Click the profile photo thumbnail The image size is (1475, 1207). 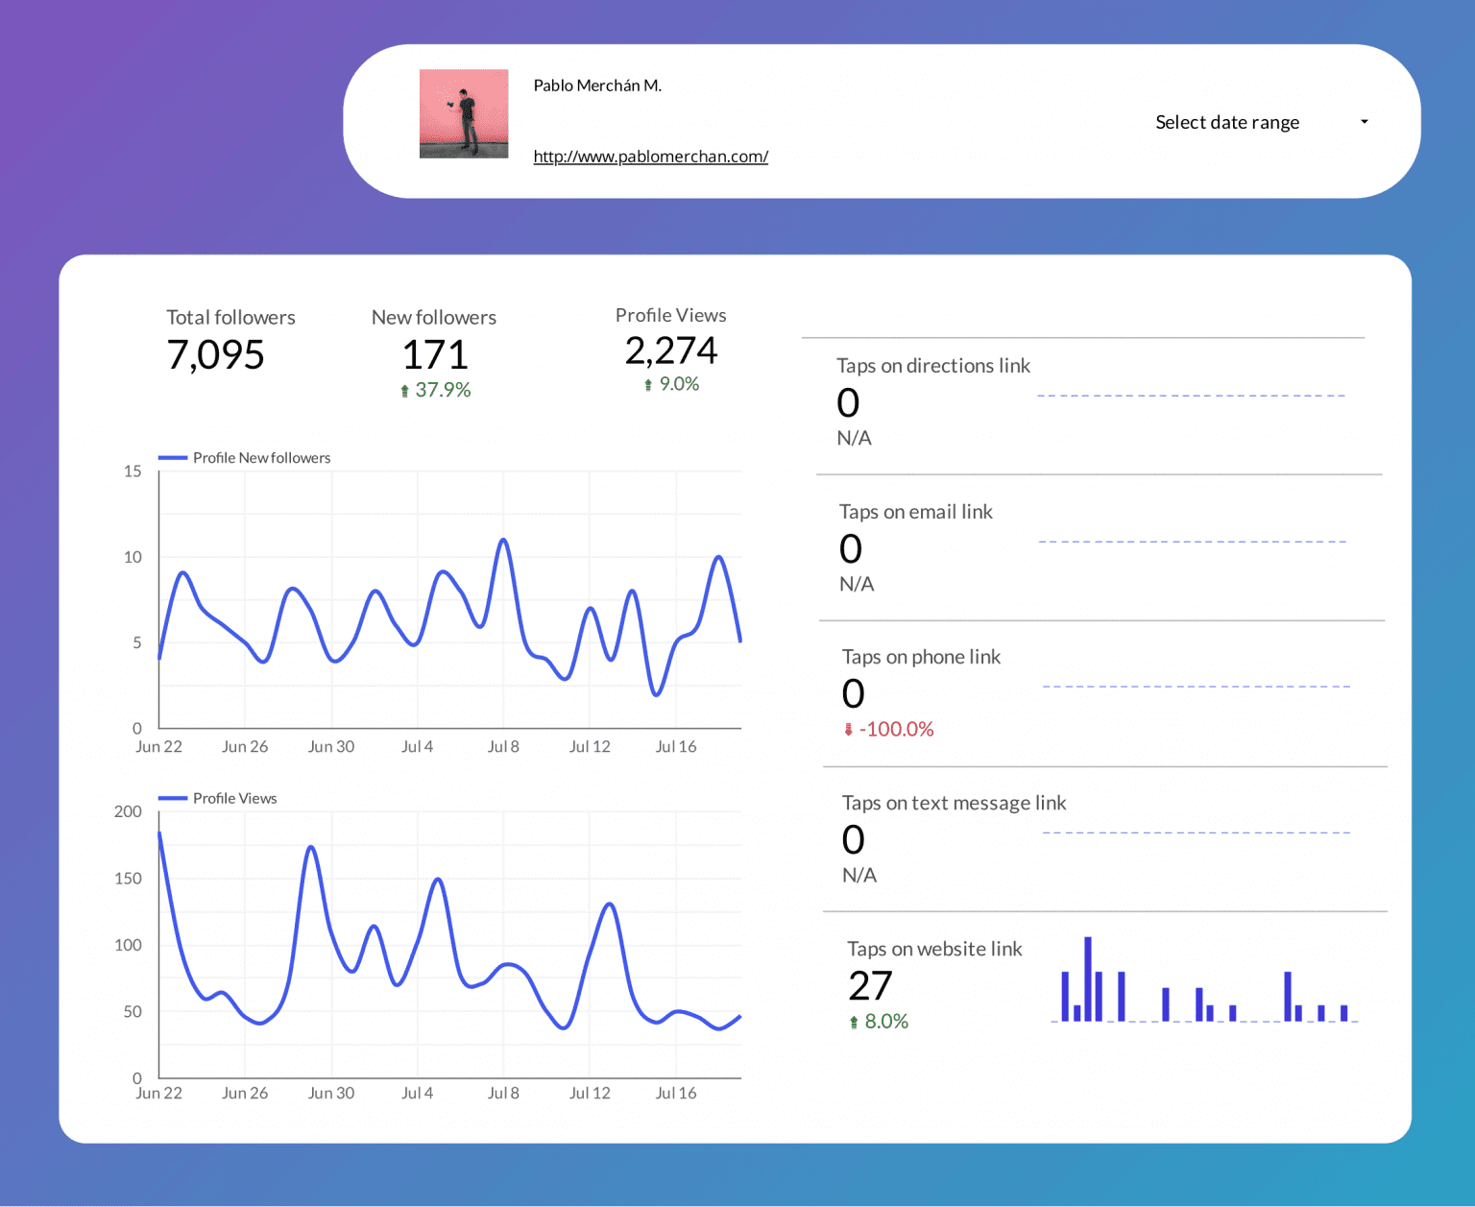pyautogui.click(x=464, y=113)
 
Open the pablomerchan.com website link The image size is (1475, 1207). pyautogui.click(x=650, y=157)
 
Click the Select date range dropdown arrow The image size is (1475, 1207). pyautogui.click(x=1364, y=122)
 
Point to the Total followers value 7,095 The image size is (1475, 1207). pyautogui.click(x=215, y=355)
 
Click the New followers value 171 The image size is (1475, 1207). pyautogui.click(x=434, y=355)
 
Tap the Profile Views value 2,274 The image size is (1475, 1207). pyautogui.click(x=670, y=351)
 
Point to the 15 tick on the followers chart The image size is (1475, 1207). pyautogui.click(x=133, y=471)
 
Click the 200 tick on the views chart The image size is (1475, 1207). pyautogui.click(x=128, y=811)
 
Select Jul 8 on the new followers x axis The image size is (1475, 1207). pyautogui.click(x=503, y=747)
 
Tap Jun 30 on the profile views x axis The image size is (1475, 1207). pyautogui.click(x=331, y=1093)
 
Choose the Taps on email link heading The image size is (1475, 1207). pyautogui.click(x=915, y=512)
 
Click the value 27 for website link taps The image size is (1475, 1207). pyautogui.click(x=870, y=986)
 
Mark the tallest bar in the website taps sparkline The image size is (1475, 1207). pyautogui.click(x=1088, y=978)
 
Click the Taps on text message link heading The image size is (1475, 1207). pyautogui.click(x=954, y=803)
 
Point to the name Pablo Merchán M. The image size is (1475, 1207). pyautogui.click(x=597, y=85)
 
